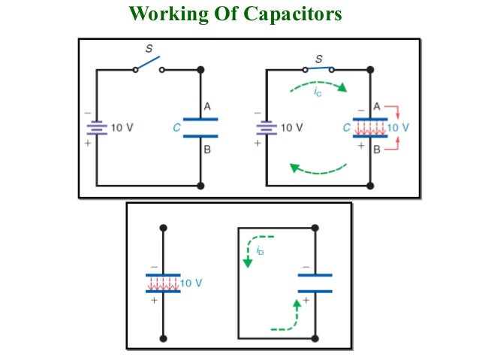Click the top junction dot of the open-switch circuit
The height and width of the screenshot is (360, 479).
point(200,69)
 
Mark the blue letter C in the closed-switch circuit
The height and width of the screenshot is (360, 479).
point(346,128)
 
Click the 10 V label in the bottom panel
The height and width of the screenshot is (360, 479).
point(192,283)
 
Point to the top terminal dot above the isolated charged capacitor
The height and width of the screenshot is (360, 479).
point(164,227)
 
